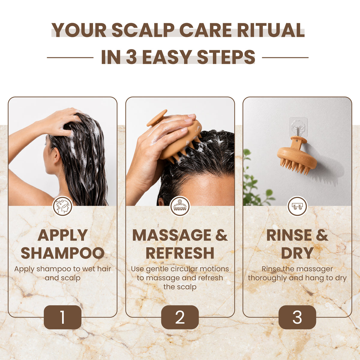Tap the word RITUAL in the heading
[271, 30]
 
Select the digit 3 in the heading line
[131, 57]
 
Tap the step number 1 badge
[63, 317]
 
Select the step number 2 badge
[180, 317]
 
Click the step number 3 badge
[297, 317]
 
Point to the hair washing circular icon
[63, 206]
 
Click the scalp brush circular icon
[180, 206]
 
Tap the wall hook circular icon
[297, 206]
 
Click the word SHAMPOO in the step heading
[63, 253]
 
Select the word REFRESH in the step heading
[180, 253]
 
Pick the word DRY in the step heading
[297, 253]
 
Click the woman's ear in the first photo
[56, 155]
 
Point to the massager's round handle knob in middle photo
[157, 118]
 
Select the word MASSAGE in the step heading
[172, 235]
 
